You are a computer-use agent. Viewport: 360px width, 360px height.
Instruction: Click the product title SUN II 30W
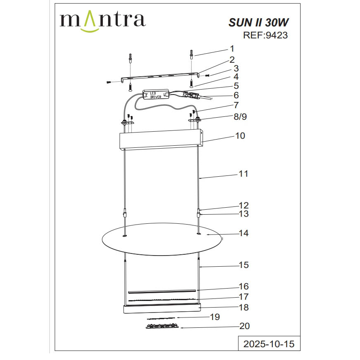point(258,22)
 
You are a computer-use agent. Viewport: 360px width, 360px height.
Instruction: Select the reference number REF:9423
point(265,36)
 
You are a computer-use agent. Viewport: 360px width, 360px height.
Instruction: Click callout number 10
point(240,135)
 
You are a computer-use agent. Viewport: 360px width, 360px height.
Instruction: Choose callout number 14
point(244,233)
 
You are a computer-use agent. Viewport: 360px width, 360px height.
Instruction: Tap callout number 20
point(244,326)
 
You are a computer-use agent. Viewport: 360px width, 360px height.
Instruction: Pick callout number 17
point(244,296)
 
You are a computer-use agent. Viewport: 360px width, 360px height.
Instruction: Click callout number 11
point(244,174)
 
